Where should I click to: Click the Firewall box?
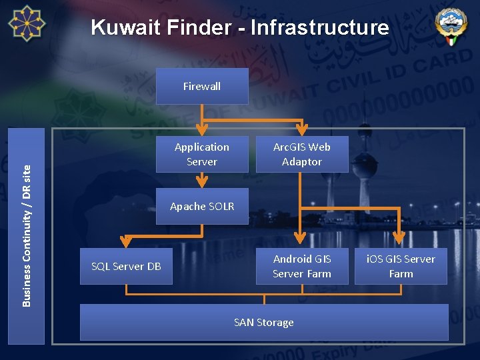202,86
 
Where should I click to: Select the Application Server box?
202,154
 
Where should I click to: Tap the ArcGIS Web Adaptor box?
302,154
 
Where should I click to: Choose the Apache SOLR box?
202,206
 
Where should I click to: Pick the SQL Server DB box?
126,266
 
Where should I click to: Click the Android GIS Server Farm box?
302,266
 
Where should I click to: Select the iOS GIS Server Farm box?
401,266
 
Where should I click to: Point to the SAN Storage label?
264,323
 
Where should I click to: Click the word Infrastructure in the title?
320,27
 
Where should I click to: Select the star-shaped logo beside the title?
27,23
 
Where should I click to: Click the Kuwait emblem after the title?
451,26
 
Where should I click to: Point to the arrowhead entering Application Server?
202,130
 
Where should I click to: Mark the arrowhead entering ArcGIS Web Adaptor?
302,130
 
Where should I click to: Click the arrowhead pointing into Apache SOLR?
202,181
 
